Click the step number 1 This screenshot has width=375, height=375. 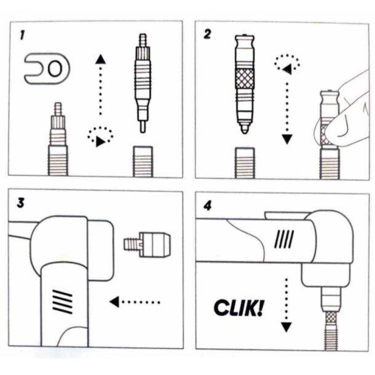tap(23, 36)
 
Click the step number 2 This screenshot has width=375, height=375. tap(208, 34)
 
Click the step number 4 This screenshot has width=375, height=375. tap(208, 203)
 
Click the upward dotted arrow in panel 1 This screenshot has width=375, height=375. tap(100, 86)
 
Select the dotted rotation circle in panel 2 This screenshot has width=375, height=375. tap(287, 61)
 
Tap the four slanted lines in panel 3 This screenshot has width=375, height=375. tap(62, 301)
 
